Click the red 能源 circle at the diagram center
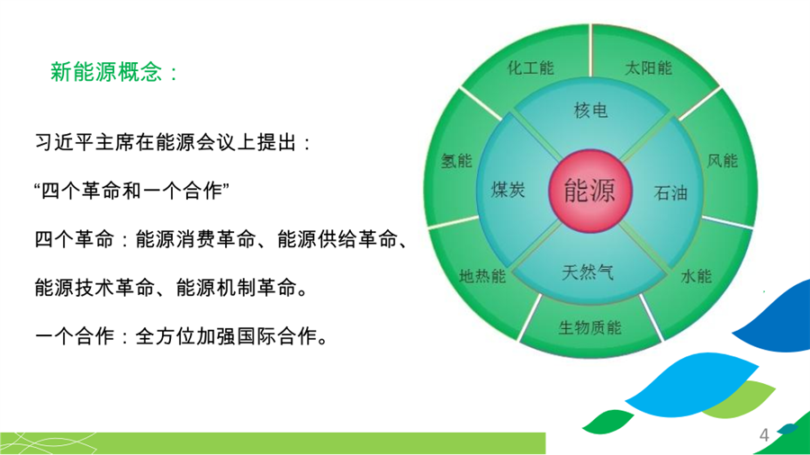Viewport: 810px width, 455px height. (589, 191)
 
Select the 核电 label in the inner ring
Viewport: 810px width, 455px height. (590, 111)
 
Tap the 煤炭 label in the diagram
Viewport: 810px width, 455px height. (508, 190)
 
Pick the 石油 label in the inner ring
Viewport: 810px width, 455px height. (670, 193)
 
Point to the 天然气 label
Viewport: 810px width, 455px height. (588, 272)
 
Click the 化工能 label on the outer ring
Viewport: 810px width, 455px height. (530, 68)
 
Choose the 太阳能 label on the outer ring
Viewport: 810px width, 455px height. (648, 68)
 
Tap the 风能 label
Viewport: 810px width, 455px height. (722, 161)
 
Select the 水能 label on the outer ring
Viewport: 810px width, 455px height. (697, 277)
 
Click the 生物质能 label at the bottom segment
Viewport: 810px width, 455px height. (589, 327)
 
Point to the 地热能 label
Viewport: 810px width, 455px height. (482, 277)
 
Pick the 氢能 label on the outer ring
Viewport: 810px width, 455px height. (456, 161)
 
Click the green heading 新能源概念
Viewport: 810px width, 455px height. (106, 72)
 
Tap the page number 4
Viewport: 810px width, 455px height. (764, 435)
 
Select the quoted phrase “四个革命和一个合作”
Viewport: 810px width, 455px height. (131, 191)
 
